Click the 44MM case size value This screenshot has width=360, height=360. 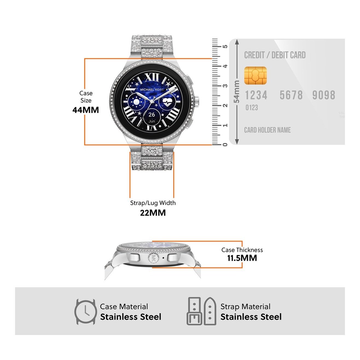coord(86,110)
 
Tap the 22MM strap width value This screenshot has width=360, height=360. coord(153,213)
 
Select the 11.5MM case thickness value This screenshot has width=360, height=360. coord(242,258)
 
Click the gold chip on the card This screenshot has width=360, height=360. coord(255,75)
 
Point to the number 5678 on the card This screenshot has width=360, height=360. coord(291,95)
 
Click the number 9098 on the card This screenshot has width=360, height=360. coord(324,95)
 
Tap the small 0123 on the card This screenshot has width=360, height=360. coord(252,108)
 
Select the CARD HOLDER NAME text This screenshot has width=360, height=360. coord(267,130)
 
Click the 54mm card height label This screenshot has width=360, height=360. coord(237,92)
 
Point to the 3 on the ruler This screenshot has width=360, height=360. coord(225,86)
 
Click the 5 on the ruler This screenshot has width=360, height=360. coord(225,47)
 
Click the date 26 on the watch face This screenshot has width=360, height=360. coord(152,115)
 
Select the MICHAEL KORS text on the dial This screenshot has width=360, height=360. coord(152,89)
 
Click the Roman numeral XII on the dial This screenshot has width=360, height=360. coord(152,77)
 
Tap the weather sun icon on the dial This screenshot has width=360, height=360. coord(136,103)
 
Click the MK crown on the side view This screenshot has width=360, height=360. coord(153,258)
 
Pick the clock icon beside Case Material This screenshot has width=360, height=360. coord(85,312)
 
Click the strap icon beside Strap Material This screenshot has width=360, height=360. coord(202,312)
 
